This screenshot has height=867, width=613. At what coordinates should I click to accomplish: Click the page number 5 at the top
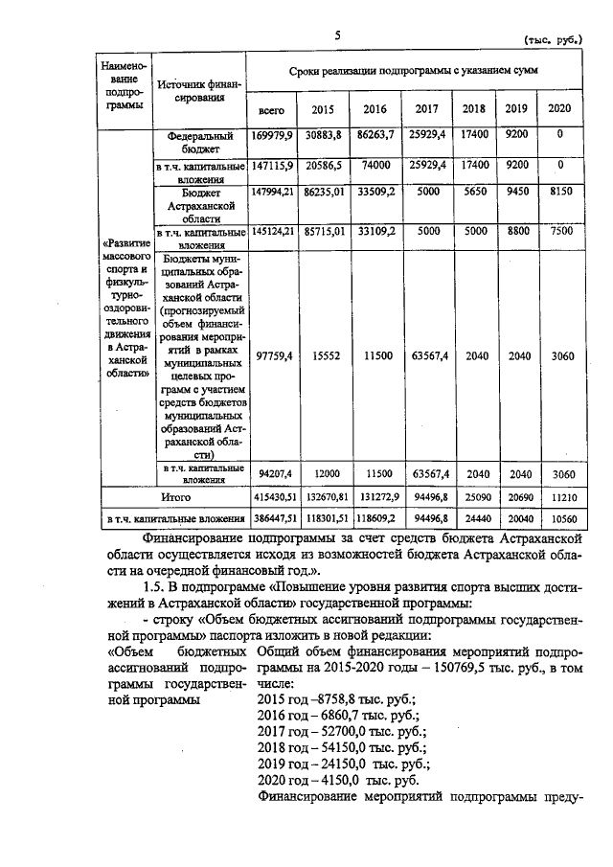coord(337,35)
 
